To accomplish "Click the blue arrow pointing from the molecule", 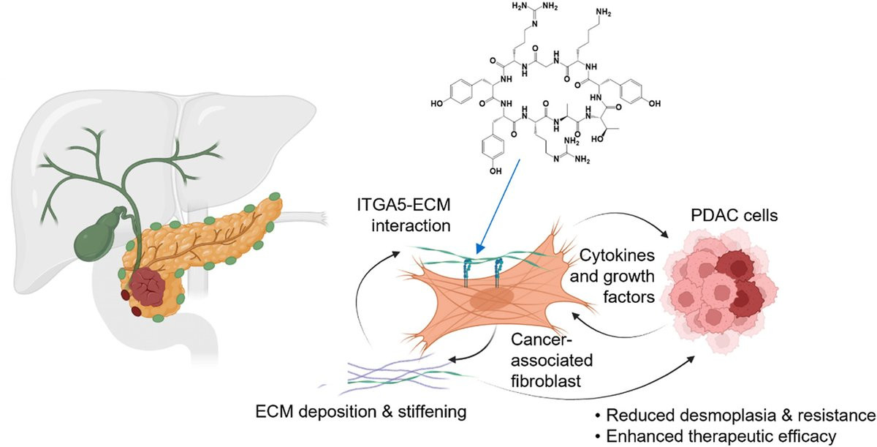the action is point(497,206).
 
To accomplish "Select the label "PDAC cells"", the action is point(734,216).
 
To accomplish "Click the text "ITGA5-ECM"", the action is point(403,205).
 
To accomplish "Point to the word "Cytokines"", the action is point(617,255).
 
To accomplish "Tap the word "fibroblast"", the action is point(546,381).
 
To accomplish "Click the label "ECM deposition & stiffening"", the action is point(361,412).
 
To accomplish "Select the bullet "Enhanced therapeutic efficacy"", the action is point(715,436).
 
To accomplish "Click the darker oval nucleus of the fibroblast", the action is point(492,299).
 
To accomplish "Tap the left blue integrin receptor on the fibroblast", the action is point(467,272).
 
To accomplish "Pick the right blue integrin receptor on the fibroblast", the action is point(498,273).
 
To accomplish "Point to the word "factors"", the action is point(629,297).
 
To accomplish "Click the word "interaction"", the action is point(411,225).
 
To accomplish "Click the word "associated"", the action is point(552,361).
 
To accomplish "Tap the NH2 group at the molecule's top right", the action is point(604,12).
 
